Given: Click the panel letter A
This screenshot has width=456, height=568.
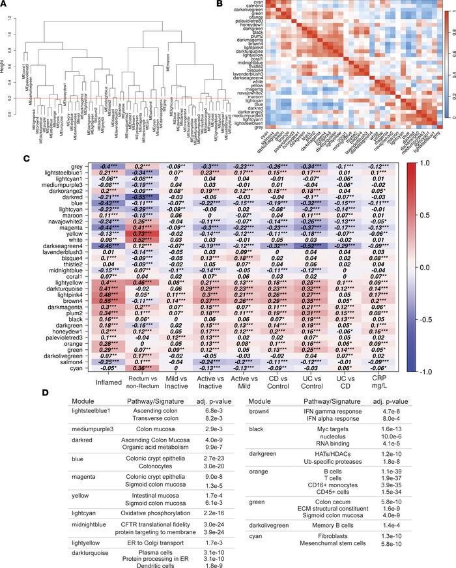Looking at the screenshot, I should click(5, 5).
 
